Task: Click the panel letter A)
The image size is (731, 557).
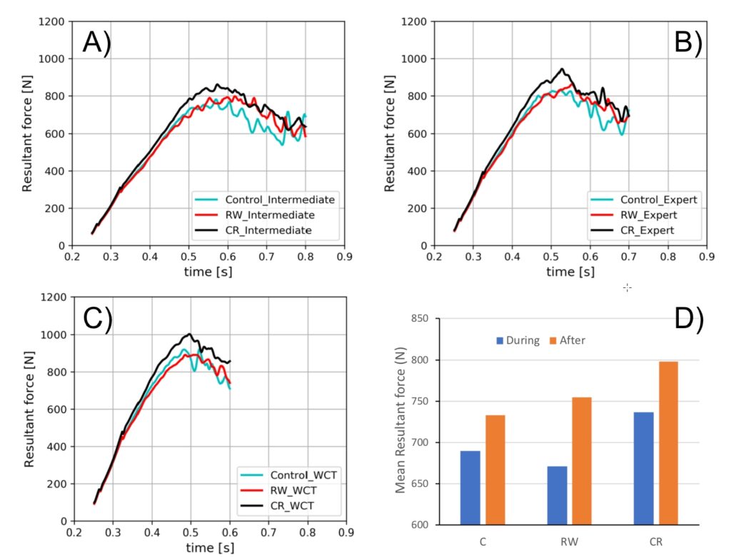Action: coord(96,44)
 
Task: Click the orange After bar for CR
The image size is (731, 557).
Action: coord(669,443)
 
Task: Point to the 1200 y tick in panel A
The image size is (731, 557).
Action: coord(54,21)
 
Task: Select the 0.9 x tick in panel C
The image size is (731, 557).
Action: coord(346,531)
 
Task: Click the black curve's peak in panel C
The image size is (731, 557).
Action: coord(189,334)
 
